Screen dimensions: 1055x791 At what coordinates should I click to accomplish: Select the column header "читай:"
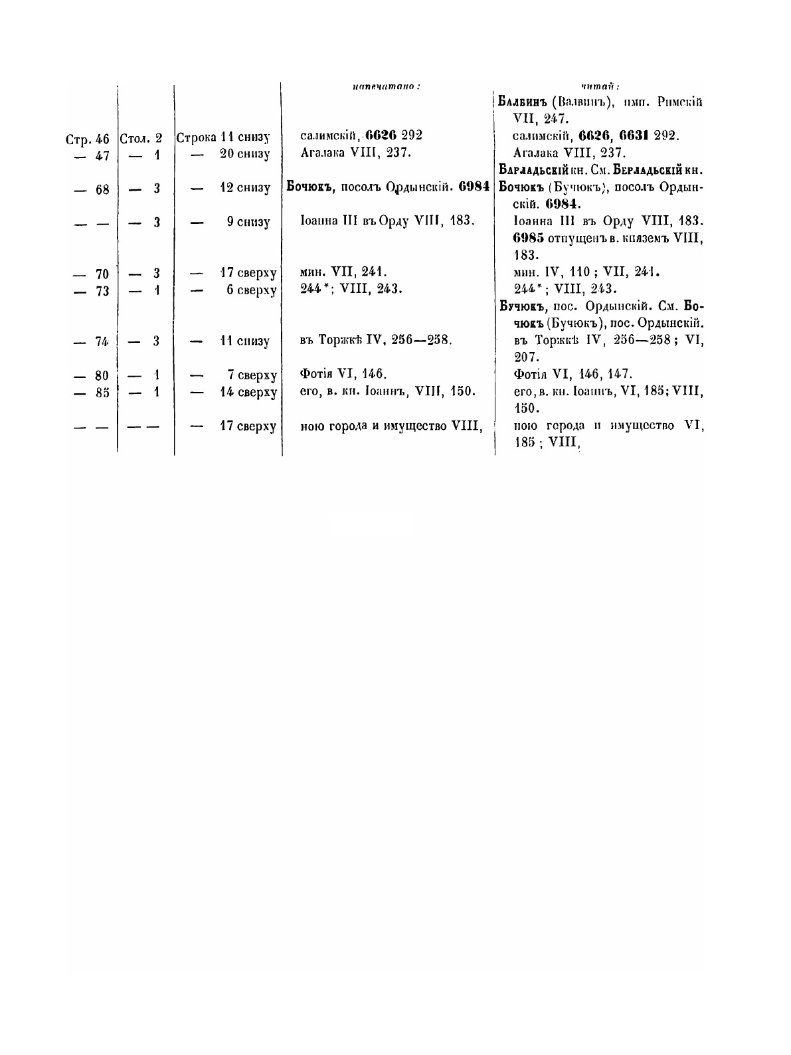(x=600, y=86)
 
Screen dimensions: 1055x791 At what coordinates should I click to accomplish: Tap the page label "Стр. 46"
(x=87, y=140)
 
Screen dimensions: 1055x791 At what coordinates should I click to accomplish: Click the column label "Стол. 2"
(x=141, y=139)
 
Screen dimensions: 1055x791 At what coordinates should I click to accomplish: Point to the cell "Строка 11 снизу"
(x=223, y=138)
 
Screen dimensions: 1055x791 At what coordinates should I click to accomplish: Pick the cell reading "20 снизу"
(x=244, y=154)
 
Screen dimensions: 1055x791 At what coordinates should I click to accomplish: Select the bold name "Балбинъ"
(x=525, y=102)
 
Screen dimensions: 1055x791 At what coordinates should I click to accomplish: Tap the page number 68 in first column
(x=102, y=189)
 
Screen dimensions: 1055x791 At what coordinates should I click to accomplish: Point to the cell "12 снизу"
(x=244, y=188)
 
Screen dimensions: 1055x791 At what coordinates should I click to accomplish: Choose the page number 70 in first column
(x=102, y=273)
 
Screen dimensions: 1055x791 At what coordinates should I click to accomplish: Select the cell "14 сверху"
(x=248, y=391)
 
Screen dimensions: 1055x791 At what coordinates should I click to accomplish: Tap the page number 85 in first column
(x=102, y=392)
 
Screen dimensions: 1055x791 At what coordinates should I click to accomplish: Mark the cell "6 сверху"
(x=251, y=290)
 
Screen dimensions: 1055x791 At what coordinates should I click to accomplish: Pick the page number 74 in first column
(x=102, y=341)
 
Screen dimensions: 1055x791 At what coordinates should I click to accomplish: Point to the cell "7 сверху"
(x=251, y=374)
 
